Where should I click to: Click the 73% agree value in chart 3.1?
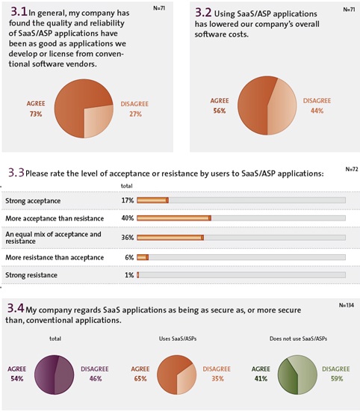click(x=36, y=114)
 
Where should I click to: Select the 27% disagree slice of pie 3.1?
click(x=96, y=120)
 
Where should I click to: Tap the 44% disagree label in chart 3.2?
click(x=317, y=111)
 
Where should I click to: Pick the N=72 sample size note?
click(x=352, y=169)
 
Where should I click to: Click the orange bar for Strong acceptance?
click(x=152, y=200)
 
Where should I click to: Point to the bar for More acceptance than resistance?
click(x=174, y=218)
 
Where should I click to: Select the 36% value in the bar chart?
click(x=128, y=238)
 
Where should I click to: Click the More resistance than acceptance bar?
click(x=143, y=257)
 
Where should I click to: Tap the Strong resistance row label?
click(x=31, y=275)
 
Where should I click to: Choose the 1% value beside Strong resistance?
click(x=129, y=275)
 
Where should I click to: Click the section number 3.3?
click(x=16, y=173)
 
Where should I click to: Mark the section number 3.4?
click(x=16, y=308)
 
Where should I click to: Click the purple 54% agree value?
click(x=17, y=378)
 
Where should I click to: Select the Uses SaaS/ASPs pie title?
click(x=178, y=339)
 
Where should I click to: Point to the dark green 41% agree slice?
click(x=288, y=376)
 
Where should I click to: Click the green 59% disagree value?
click(x=337, y=378)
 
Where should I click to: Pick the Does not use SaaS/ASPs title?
click(x=298, y=339)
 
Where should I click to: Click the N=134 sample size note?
click(x=347, y=305)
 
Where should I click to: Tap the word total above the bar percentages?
click(x=126, y=185)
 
